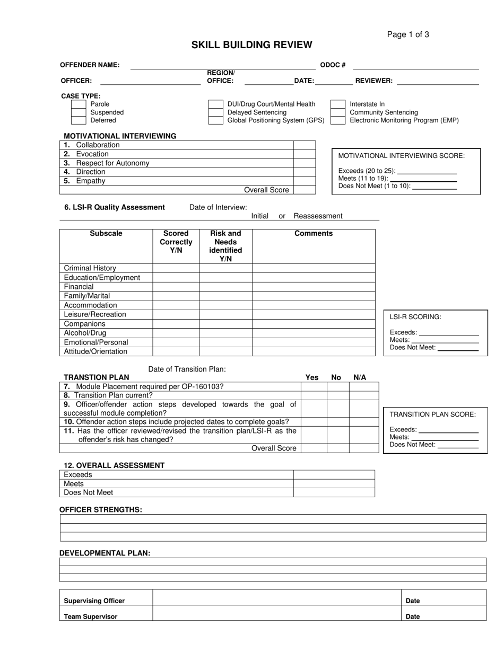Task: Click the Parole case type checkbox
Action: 79,104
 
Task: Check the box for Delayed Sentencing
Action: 215,112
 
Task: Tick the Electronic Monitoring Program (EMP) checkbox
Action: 338,120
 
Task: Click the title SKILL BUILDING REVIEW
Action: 251,45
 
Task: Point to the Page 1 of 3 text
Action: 408,34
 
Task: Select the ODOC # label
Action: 333,65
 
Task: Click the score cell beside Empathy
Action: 304,181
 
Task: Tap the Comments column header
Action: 314,233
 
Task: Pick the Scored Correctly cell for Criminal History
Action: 176,268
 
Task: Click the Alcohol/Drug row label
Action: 85,333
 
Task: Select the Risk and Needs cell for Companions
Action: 225,324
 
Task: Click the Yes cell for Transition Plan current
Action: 314,395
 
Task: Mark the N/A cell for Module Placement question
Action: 363,387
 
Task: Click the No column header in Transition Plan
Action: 336,377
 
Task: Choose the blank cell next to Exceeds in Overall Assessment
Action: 334,474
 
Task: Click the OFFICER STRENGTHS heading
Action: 101,509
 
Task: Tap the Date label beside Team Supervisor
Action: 413,616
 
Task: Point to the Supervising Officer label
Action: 94,601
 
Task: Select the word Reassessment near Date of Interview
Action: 318,216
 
